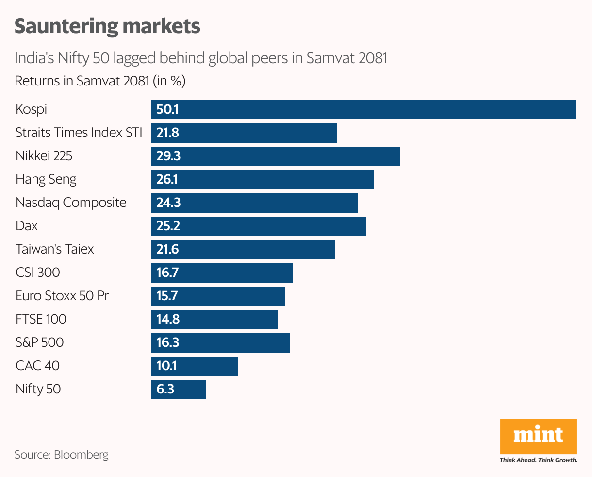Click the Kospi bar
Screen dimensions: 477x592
[x=363, y=110]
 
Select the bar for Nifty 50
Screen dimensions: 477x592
[x=178, y=390]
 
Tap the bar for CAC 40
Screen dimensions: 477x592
[x=194, y=366]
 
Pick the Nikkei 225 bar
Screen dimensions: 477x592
[x=275, y=156]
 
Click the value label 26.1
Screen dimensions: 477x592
[x=167, y=180]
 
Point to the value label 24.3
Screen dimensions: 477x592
[x=168, y=203]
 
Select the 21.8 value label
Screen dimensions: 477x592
[x=168, y=133]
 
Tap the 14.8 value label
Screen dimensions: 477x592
[x=168, y=320]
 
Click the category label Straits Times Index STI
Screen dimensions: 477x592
[x=79, y=133]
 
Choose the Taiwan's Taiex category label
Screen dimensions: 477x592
[x=54, y=249]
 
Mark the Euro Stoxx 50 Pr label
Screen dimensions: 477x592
[x=62, y=296]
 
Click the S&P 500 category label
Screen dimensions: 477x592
[x=39, y=342]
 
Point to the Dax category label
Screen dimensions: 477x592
[x=26, y=226]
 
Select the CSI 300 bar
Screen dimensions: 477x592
[x=222, y=273]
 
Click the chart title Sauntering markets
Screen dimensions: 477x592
[x=107, y=26]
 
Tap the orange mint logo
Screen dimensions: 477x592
[x=538, y=436]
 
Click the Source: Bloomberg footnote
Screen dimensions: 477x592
[x=61, y=455]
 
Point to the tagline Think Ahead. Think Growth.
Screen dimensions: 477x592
[x=538, y=460]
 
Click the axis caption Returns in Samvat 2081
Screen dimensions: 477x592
[x=100, y=81]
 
